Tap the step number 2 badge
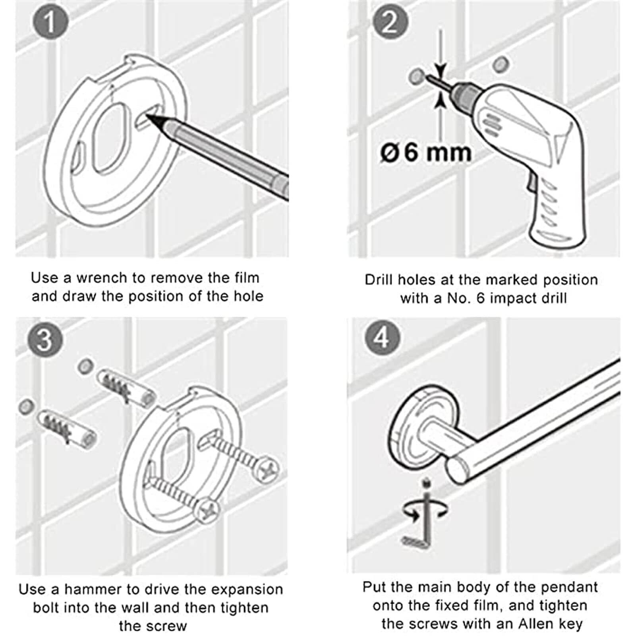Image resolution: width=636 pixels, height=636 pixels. pos(390,21)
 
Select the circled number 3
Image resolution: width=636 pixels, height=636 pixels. pos(44,339)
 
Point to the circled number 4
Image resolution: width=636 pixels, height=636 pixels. pos(382,338)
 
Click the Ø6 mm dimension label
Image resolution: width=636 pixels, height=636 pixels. pos(426,152)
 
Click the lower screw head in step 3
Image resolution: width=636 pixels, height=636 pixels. pos(207,512)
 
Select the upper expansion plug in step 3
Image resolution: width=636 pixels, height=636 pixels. pos(126,388)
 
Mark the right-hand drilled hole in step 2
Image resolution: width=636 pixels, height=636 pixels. pos(501,64)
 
